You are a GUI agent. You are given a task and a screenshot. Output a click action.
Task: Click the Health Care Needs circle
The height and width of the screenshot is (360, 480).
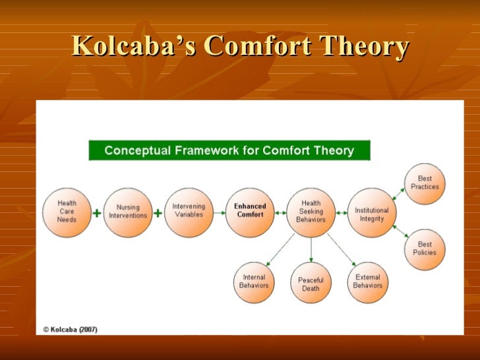point(67,212)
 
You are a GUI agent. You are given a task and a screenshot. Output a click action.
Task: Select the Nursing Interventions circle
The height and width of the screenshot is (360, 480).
point(128,212)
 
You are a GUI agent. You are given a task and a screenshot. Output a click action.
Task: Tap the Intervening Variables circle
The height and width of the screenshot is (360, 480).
point(189,211)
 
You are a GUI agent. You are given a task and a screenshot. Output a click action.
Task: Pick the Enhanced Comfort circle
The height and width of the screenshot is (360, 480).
point(249,211)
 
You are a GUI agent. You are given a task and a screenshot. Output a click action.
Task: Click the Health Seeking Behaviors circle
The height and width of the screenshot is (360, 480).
point(311,211)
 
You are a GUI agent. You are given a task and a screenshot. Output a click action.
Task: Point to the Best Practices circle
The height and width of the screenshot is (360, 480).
point(425,183)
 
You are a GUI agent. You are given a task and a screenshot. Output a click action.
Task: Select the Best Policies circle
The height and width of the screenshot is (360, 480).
point(425,248)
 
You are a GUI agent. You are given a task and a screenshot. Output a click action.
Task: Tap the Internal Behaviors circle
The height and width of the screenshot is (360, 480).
point(255,282)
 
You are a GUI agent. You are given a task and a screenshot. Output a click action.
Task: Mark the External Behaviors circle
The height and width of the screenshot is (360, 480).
point(367,282)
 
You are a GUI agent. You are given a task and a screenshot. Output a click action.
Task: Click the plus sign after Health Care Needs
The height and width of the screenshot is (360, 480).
point(98,214)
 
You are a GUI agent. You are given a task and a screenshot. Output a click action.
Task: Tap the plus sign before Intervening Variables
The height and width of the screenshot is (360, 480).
point(158,214)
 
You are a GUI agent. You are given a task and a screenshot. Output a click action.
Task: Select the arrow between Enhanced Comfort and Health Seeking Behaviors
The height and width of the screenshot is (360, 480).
point(280,212)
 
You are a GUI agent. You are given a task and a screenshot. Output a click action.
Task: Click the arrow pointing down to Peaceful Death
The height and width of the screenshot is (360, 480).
point(311,249)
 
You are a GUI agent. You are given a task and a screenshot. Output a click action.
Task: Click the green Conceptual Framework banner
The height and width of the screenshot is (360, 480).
point(229,150)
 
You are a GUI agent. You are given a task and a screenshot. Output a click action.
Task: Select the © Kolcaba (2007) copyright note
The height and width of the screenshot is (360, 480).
point(70,328)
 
